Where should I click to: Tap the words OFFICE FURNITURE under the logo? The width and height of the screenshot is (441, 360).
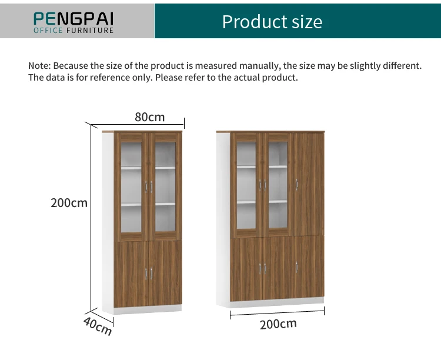73,30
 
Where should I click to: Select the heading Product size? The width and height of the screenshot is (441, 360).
272,22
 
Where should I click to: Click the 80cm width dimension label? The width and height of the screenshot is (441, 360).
149,117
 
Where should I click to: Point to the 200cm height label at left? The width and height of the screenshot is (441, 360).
69,203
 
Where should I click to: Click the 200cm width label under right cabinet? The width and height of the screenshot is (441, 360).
278,324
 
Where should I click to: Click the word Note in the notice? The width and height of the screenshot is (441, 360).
39,65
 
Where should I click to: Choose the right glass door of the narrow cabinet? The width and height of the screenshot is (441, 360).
165,185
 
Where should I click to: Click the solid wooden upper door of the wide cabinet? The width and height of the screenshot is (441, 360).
309,184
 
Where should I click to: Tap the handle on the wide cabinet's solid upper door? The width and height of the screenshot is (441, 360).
297,184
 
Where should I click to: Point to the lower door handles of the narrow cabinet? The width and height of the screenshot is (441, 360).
149,273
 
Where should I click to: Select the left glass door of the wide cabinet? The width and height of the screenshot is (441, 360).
247,184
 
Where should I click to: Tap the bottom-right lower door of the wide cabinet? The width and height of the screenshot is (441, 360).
309,268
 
